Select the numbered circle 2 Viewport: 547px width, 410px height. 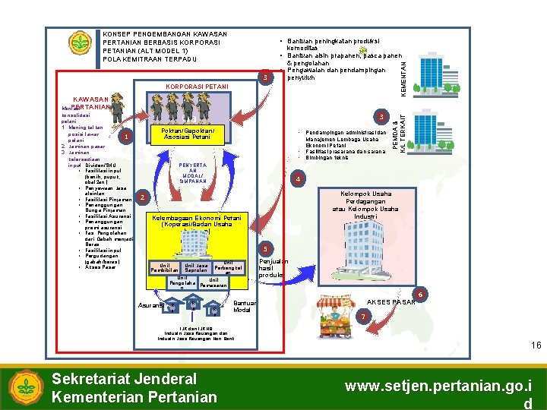142,198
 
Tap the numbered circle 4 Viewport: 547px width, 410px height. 299,178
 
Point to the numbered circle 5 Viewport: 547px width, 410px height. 265,250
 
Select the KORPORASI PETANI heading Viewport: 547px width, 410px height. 198,87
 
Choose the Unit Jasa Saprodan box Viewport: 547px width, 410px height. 196,269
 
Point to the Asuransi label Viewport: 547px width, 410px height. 151,306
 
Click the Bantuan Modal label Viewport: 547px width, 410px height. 243,307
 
